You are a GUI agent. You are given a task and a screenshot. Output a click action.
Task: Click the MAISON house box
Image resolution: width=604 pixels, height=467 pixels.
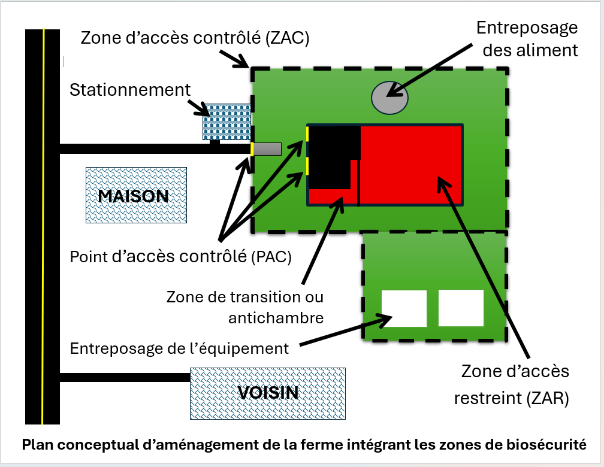click(137, 195)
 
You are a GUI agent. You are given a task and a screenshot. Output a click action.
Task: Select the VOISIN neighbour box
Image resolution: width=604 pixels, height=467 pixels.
click(268, 393)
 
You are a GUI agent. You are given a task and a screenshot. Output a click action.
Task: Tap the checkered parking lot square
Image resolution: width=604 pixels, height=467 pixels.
click(227, 122)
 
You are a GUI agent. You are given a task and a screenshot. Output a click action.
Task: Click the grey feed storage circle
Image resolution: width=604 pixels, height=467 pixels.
click(389, 98)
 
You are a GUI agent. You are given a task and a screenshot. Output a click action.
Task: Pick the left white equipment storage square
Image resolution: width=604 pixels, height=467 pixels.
click(404, 308)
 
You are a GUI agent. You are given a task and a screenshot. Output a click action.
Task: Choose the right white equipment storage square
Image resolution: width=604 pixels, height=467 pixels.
click(461, 308)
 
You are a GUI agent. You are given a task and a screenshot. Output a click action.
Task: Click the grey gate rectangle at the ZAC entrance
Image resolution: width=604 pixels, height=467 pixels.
click(267, 149)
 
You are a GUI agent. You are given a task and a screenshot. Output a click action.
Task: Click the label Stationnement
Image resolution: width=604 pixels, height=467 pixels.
click(130, 90)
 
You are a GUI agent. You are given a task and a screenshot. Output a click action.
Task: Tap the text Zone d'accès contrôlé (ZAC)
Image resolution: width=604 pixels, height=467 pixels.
click(195, 38)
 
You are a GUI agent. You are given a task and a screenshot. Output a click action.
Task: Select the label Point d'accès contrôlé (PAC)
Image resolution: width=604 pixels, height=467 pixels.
click(181, 257)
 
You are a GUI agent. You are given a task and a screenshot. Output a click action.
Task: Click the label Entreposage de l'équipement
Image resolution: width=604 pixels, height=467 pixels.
click(179, 348)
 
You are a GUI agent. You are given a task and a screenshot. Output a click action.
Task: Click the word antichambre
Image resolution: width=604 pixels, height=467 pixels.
click(276, 318)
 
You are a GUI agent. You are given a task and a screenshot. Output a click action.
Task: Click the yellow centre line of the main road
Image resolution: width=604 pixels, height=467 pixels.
click(43, 227)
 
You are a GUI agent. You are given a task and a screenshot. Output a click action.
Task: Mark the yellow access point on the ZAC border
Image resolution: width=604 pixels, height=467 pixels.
click(252, 149)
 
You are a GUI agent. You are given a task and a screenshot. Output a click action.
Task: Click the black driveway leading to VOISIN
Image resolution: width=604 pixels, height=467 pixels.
click(125, 377)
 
